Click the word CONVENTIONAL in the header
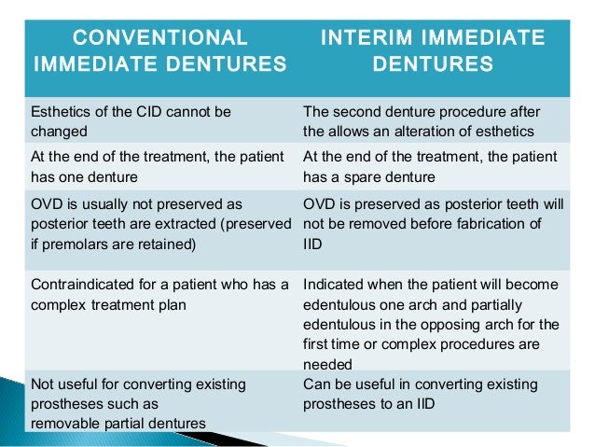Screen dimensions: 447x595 (x=160, y=38)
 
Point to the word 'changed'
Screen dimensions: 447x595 (x=58, y=133)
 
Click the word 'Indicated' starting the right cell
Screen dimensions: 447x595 (x=332, y=284)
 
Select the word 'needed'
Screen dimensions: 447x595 (x=327, y=365)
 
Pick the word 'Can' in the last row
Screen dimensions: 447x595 (x=316, y=384)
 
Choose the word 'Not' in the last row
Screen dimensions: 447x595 (x=42, y=384)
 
